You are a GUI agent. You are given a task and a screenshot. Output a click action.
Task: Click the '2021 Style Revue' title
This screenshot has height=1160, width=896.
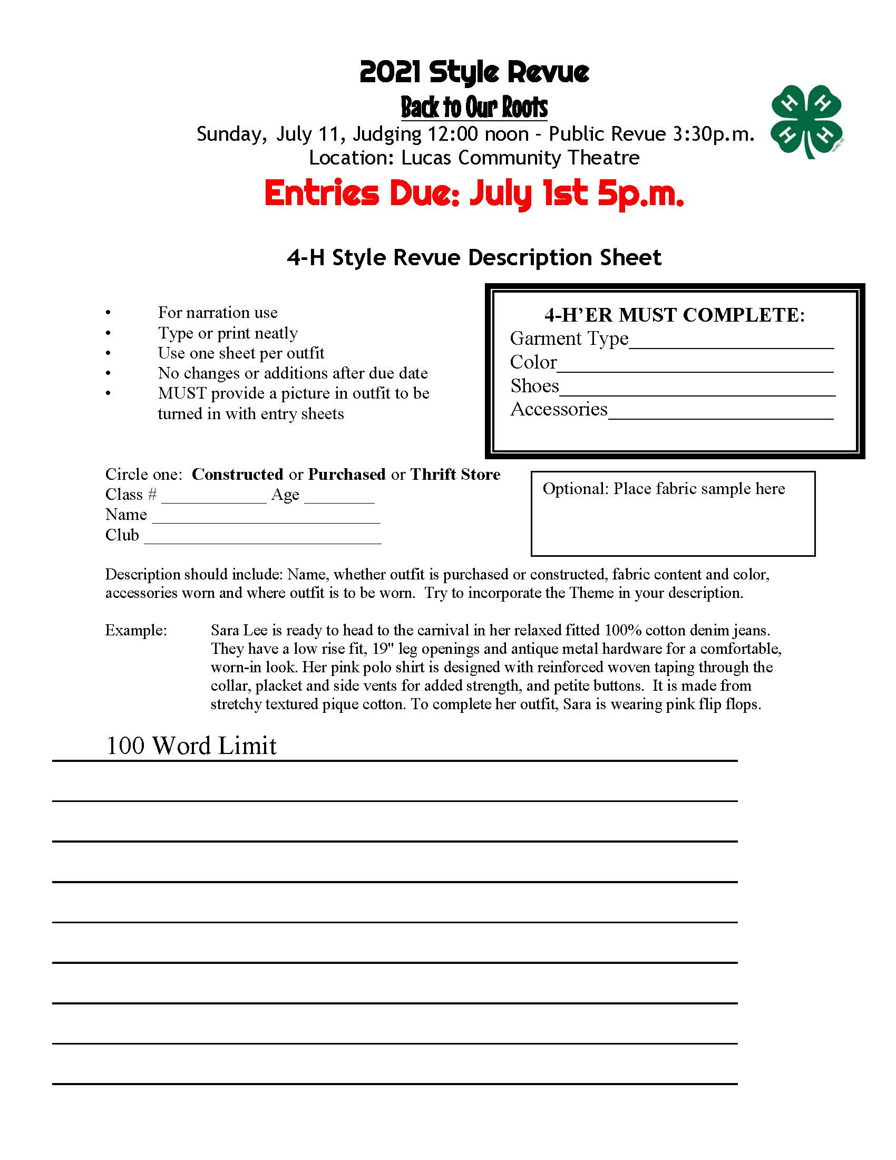point(474,72)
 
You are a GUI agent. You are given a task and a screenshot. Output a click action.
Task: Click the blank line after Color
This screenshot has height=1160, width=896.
point(695,366)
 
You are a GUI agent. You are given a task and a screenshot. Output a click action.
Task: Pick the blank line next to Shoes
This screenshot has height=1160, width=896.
point(697,390)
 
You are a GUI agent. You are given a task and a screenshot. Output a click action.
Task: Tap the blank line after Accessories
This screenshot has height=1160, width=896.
point(720,414)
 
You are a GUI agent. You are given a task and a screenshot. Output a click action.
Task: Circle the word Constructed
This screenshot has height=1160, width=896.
point(237,474)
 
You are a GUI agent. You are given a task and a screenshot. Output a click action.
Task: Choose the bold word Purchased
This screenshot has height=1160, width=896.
point(347,474)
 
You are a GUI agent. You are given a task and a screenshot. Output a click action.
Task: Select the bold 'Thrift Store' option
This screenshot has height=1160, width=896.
point(455,474)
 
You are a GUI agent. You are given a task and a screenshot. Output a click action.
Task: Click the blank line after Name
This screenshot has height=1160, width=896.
point(266,518)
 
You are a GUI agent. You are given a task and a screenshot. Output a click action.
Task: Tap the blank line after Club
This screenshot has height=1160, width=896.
point(263,538)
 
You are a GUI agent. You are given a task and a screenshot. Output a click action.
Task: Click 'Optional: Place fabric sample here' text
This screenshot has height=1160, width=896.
point(664,489)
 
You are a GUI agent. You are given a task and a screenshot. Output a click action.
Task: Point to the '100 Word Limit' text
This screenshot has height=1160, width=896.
point(191,746)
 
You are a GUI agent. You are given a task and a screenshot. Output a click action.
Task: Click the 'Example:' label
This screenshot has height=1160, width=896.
point(136,631)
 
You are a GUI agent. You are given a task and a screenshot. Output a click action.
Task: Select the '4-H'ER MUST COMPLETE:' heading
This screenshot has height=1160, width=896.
point(675,315)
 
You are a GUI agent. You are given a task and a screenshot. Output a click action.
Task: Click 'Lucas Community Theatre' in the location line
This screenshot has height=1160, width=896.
point(520,158)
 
